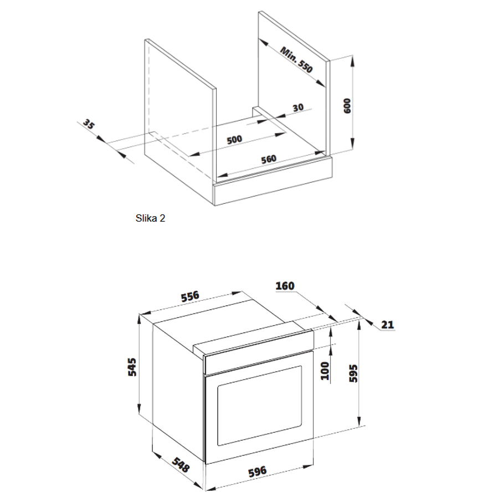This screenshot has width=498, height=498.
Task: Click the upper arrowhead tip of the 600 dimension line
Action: [x=352, y=56]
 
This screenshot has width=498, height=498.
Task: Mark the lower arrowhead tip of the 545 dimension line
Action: [x=139, y=414]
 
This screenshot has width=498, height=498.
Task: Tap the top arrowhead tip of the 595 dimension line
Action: [x=359, y=320]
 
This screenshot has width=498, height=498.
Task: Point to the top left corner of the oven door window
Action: [x=218, y=386]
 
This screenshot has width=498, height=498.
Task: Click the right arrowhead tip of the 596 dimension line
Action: [x=313, y=466]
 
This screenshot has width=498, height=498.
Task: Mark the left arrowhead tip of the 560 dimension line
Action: [x=217, y=176]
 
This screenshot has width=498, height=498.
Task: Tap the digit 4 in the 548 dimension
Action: [x=180, y=465]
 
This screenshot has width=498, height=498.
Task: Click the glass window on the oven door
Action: [x=259, y=405]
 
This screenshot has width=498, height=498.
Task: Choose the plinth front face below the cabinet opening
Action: [x=274, y=181]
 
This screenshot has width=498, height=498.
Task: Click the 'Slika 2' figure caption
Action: [x=150, y=218]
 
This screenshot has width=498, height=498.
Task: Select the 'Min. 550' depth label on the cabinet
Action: [x=296, y=59]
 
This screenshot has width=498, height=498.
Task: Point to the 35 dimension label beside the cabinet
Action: [x=89, y=124]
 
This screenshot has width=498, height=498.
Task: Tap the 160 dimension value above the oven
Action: [x=285, y=286]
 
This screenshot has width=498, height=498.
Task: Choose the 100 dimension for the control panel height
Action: [x=325, y=371]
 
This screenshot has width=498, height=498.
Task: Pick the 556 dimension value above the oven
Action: [x=190, y=296]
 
